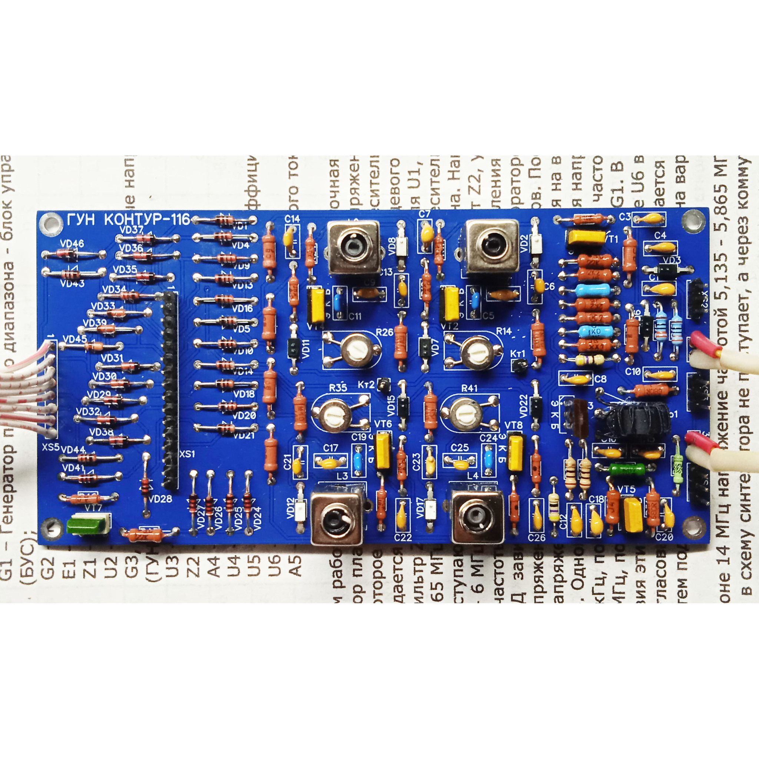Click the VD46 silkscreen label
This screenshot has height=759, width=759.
tap(72, 243)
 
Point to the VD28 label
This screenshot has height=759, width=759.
tap(160, 499)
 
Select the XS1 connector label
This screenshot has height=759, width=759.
tap(188, 454)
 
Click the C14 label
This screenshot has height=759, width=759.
tap(292, 219)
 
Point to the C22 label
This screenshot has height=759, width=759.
tap(403, 538)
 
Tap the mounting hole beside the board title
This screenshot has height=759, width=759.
tap(52, 223)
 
